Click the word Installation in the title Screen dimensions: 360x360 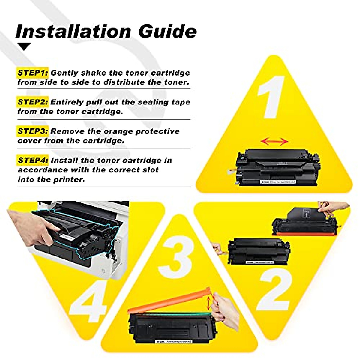coord(73,31)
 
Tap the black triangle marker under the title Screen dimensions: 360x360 coord(24,46)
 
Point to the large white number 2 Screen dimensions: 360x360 coord(275,288)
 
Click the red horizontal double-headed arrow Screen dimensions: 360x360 coord(274,141)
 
